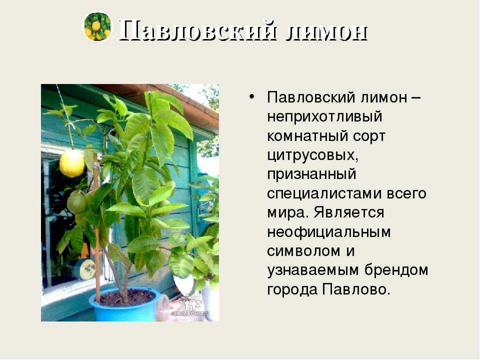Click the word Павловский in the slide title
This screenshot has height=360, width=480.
pyautogui.click(x=198, y=30)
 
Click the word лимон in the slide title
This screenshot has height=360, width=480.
pyautogui.click(x=326, y=32)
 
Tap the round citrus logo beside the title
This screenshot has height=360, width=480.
pyautogui.click(x=97, y=26)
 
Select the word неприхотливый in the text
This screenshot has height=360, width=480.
pyautogui.click(x=324, y=117)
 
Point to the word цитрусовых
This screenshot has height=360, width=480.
pyautogui.click(x=312, y=156)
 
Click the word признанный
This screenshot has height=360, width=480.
pyautogui.click(x=311, y=174)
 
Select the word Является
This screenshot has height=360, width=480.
pyautogui.click(x=349, y=212)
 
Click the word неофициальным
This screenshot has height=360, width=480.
pyautogui.click(x=329, y=232)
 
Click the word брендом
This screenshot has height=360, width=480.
pyautogui.click(x=396, y=270)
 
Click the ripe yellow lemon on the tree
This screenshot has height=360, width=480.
pyautogui.click(x=71, y=163)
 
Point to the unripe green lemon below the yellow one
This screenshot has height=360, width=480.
pyautogui.click(x=75, y=202)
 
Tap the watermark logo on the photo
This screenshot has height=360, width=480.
pyautogui.click(x=190, y=306)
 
